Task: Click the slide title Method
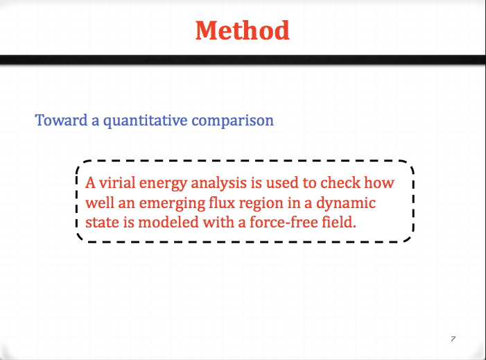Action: [243, 31]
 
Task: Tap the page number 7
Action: [453, 339]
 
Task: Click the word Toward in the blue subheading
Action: [62, 120]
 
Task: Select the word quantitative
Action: [146, 121]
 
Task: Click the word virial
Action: [117, 182]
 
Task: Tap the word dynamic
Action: [346, 203]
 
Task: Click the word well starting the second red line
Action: [100, 203]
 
